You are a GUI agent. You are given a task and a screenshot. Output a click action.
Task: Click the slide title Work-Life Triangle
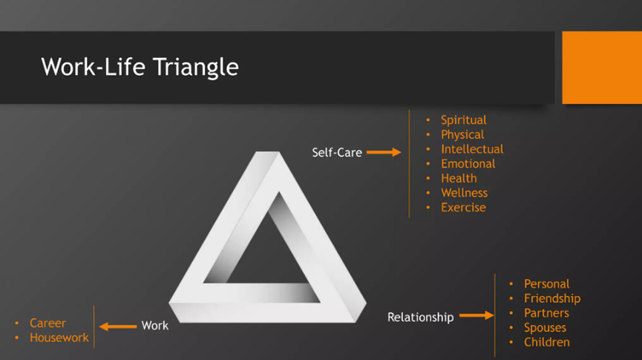(x=140, y=67)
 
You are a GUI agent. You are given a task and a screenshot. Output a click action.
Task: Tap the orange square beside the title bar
(x=602, y=68)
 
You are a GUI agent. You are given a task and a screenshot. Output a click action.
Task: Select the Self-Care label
(x=337, y=152)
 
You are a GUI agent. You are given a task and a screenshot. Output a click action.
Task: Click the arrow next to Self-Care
(x=384, y=152)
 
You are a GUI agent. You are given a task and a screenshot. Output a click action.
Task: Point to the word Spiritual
(x=463, y=120)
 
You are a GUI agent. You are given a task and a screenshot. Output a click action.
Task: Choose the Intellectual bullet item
(x=472, y=149)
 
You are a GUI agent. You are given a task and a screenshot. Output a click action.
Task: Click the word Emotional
(x=468, y=164)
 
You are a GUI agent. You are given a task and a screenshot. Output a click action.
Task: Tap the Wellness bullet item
(x=465, y=193)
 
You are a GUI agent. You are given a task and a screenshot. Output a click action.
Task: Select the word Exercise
(x=463, y=208)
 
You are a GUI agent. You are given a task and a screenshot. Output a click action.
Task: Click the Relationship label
(x=421, y=318)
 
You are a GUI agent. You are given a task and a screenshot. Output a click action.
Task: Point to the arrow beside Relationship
(x=476, y=315)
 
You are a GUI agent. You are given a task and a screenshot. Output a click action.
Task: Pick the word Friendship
(x=552, y=298)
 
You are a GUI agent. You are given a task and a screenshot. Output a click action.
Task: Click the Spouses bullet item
(x=545, y=327)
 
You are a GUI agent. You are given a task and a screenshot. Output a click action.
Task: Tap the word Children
(x=546, y=342)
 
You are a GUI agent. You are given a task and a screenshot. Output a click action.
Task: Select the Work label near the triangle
(x=155, y=326)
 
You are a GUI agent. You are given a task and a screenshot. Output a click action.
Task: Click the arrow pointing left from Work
(x=118, y=327)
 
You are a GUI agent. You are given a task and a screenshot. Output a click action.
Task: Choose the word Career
(x=48, y=323)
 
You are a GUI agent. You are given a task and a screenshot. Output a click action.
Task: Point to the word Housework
(x=59, y=338)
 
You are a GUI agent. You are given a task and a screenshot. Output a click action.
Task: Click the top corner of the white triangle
(x=267, y=152)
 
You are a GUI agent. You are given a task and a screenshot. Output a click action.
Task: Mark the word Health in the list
(x=459, y=179)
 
